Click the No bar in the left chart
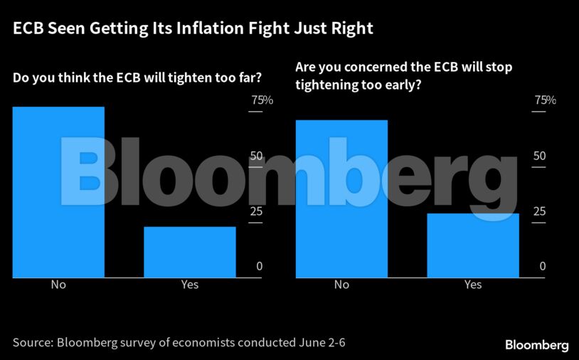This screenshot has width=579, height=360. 58,192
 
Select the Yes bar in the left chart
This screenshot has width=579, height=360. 189,252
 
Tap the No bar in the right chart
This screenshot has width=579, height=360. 341,198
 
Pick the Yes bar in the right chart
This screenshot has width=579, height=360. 473,245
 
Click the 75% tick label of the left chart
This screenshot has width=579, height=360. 261,100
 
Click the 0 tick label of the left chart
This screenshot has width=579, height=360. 260,267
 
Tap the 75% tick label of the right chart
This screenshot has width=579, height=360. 545,100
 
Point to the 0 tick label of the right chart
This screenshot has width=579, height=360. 543,267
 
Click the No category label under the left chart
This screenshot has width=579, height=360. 58,285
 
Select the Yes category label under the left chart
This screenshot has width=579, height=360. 189,285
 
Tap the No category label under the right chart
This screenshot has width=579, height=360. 341,285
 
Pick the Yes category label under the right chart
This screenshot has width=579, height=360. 473,285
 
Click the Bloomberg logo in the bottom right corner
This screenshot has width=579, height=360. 537,345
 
